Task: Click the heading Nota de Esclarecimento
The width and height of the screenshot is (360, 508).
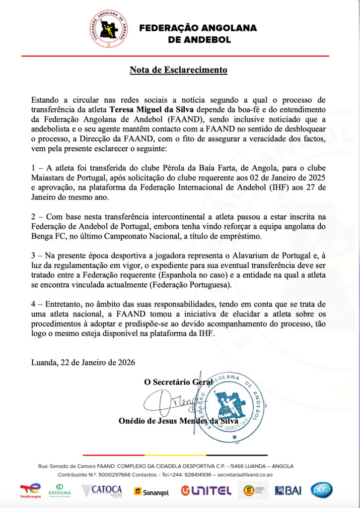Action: point(178,70)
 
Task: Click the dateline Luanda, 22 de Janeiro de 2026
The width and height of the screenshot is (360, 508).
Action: point(83,362)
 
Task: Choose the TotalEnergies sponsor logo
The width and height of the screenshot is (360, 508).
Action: point(30,490)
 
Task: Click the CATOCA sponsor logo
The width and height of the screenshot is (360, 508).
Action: point(102,490)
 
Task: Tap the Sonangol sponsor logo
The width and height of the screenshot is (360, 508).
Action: point(151,491)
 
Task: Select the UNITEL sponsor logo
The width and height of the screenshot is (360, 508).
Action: point(206,491)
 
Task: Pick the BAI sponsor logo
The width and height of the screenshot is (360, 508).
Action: point(288,491)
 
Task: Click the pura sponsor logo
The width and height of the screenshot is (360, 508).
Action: point(321,490)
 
